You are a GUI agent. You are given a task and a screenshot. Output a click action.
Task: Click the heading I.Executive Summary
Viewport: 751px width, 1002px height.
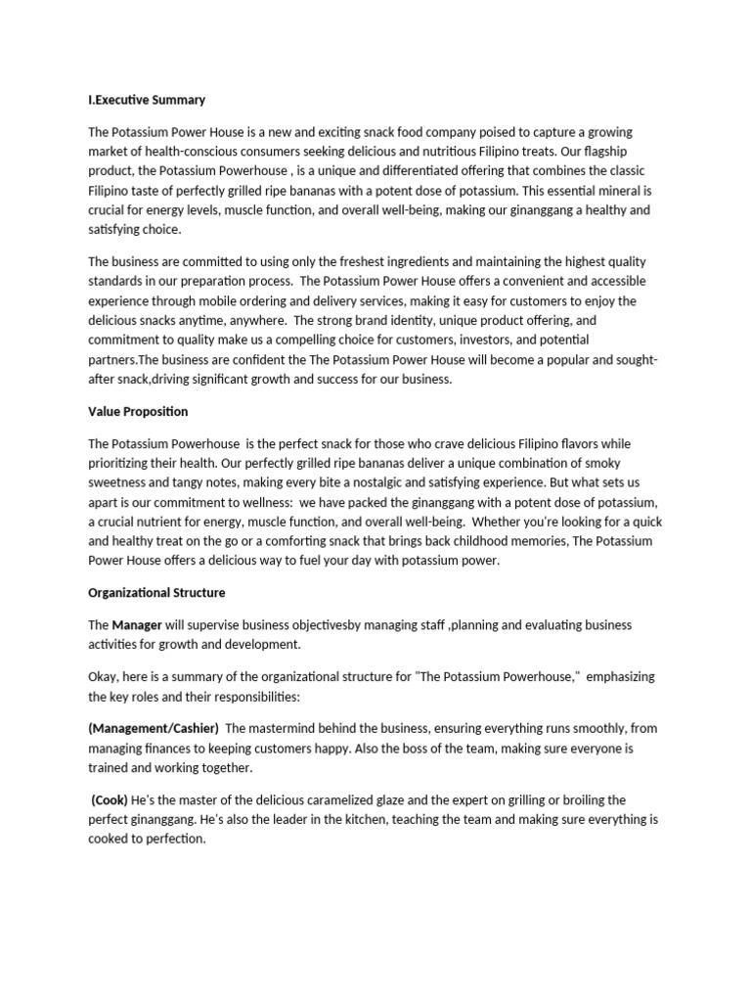coord(147,100)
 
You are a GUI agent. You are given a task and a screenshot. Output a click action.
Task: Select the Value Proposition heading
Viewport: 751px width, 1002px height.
coord(138,411)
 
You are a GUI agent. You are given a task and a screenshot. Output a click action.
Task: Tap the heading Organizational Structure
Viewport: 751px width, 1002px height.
coord(156,592)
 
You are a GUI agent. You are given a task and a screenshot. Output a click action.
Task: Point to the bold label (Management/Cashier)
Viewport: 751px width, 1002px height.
coord(154,728)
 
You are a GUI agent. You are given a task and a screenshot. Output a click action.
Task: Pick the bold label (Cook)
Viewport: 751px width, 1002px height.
coord(110,799)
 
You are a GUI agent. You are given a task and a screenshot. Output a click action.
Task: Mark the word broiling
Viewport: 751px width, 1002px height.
coord(571,799)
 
